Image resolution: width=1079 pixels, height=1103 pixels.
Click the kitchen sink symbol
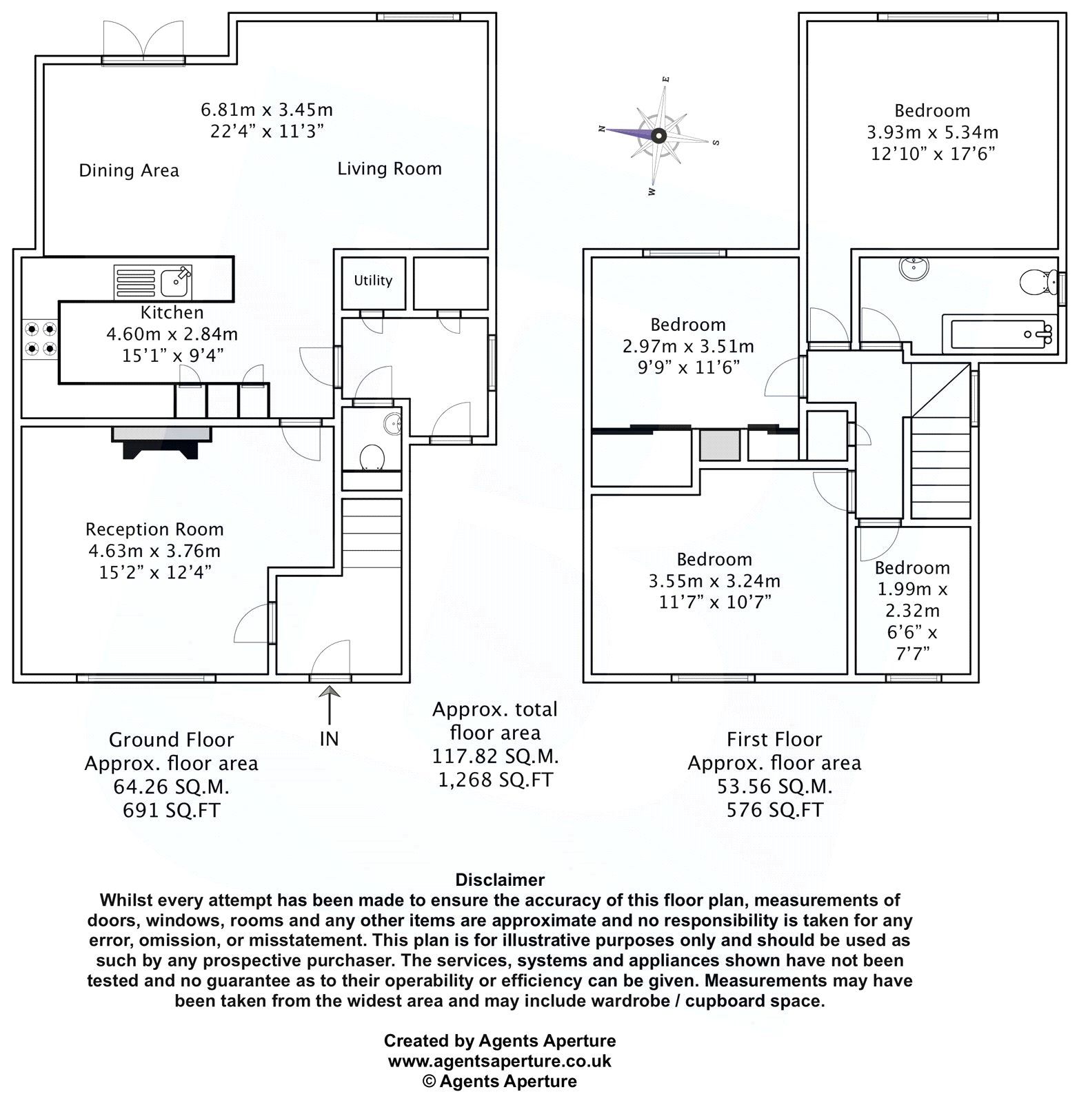point(154,282)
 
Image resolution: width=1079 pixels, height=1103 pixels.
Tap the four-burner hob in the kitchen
point(39,339)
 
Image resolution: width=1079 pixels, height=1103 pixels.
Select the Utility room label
point(373,281)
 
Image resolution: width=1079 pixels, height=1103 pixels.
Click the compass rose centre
point(658,136)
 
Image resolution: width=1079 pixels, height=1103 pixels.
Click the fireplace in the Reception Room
point(162,442)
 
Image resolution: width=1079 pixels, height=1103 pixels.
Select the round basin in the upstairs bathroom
point(914,267)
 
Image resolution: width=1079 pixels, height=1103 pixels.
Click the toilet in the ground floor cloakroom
point(372,456)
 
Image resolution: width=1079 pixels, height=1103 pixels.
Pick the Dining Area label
point(129,170)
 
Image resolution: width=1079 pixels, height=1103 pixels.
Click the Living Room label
point(390,169)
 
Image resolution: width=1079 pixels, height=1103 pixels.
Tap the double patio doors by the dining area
point(143,43)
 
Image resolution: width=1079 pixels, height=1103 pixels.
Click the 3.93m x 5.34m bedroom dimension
point(932,132)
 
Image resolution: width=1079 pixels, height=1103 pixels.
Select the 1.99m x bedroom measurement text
point(912,589)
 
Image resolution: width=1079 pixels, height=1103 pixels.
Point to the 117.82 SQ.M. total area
point(495,756)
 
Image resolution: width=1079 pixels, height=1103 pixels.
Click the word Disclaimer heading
point(500,880)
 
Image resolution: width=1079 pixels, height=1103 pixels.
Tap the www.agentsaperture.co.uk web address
point(499,1061)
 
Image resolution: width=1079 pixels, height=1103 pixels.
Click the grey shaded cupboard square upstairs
point(720,445)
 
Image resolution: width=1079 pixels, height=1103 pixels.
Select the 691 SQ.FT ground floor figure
point(171,810)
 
